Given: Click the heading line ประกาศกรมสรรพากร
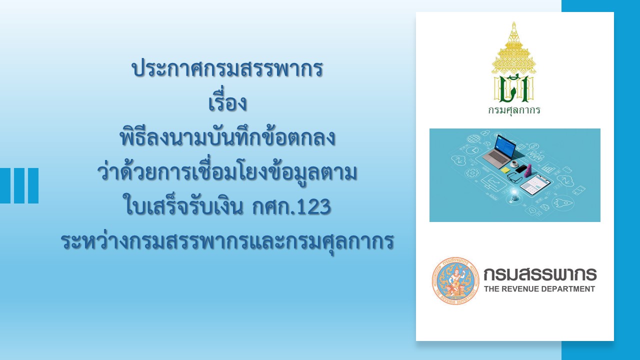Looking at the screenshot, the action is click(227, 69).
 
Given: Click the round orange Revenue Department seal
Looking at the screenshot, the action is click(455, 280).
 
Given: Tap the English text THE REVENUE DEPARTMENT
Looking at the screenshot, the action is click(539, 289).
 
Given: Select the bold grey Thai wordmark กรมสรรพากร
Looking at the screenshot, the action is click(540, 274).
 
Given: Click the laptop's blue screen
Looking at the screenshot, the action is click(505, 145).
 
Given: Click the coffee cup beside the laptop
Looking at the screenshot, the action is click(514, 163).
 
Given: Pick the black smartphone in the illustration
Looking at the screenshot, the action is click(521, 168).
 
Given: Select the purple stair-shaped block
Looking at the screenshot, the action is click(528, 170).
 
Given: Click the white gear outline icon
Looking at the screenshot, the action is click(471, 172).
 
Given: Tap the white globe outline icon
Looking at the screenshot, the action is click(473, 139).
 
